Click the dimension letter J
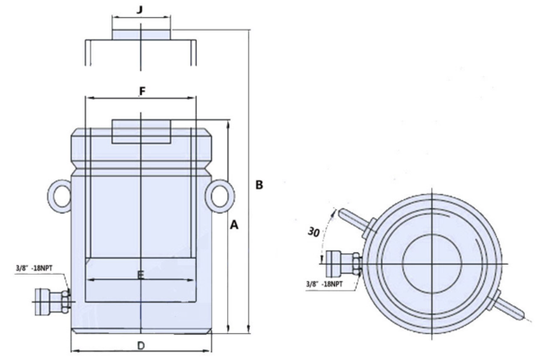point(139,10)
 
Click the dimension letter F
point(142,91)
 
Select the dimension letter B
point(260,185)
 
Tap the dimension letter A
point(234,225)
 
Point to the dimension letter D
point(141,346)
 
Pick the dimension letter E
point(140,275)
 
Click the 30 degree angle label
point(314,232)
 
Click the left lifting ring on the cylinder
point(59,196)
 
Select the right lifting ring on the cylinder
point(220,196)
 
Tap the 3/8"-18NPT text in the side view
point(34,268)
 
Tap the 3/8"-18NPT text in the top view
point(325,284)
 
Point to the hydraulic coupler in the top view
point(343,263)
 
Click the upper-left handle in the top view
point(357,222)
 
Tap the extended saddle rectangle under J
point(141,35)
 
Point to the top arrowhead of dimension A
point(228,125)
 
